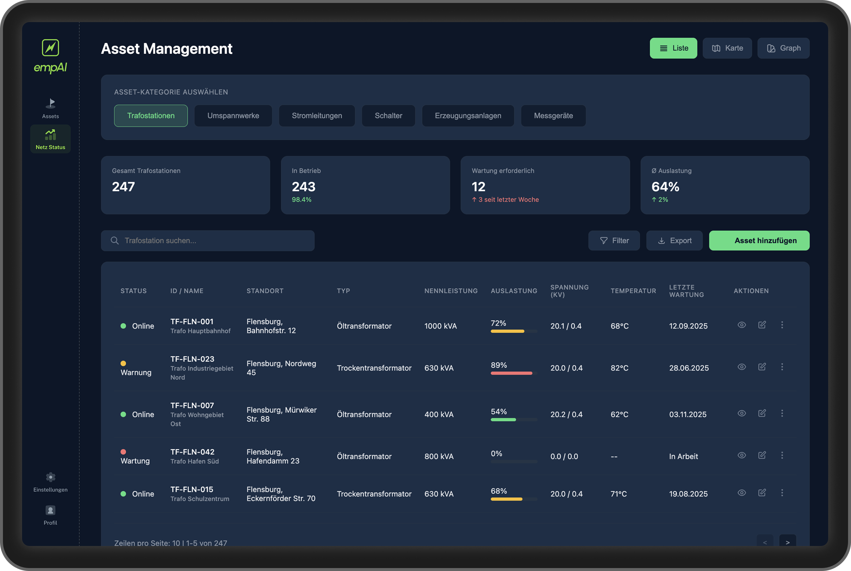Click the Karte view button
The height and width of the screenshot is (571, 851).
[727, 48]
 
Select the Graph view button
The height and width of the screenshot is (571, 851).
[783, 48]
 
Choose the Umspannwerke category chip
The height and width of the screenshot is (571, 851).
[233, 116]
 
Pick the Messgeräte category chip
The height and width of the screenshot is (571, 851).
[553, 116]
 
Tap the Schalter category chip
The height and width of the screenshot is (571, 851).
[388, 116]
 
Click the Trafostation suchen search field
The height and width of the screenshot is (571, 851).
[208, 241]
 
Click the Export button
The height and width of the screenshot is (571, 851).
[674, 241]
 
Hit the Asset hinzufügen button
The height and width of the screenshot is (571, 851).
[759, 241]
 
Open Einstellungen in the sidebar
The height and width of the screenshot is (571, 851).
[50, 482]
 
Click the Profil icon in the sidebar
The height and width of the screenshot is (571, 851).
[50, 511]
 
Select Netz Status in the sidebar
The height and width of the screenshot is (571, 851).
[50, 139]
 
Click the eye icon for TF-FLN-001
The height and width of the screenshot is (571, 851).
[741, 325]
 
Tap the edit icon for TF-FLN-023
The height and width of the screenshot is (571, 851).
[762, 367]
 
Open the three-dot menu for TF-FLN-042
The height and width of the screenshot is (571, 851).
[782, 455]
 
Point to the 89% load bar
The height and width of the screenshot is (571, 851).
[512, 373]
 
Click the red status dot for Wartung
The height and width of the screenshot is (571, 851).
[123, 452]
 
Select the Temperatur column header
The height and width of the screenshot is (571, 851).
[633, 291]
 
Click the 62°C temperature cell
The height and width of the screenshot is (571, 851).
[619, 414]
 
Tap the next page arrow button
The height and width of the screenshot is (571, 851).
[787, 542]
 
